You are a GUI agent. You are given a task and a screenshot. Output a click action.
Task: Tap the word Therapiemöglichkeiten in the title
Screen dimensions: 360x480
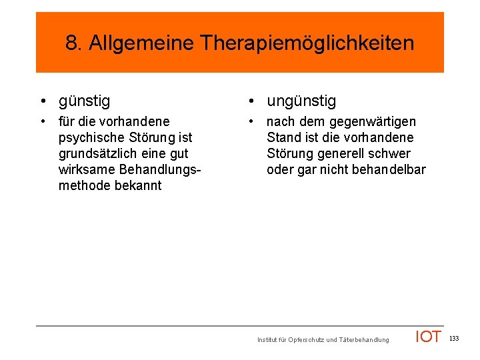(307, 44)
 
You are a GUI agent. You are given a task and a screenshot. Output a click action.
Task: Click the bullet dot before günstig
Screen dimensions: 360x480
(42, 101)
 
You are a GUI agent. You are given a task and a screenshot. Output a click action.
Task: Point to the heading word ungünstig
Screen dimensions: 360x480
(301, 101)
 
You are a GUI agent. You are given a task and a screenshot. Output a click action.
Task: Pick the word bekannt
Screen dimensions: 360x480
(139, 185)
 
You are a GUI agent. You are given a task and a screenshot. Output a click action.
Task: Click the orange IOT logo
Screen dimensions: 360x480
(428, 337)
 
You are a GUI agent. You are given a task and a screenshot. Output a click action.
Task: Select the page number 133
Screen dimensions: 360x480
(454, 339)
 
